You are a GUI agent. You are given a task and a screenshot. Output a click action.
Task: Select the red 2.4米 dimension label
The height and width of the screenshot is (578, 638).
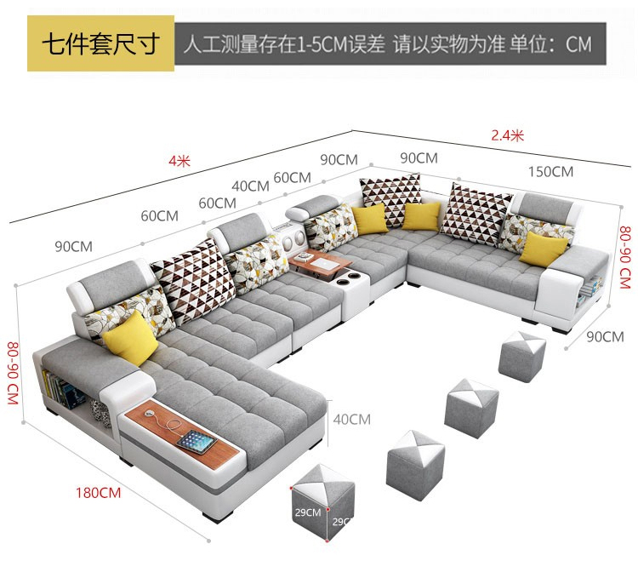[507, 135]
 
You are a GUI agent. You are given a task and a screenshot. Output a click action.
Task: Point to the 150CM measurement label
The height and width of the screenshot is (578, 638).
[550, 172]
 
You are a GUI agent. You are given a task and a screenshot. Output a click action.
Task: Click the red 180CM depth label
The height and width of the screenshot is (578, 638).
[98, 492]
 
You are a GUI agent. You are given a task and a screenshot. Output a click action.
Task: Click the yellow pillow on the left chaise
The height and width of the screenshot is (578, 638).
[130, 336]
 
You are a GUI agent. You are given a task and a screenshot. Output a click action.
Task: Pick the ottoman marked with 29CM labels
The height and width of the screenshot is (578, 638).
[322, 498]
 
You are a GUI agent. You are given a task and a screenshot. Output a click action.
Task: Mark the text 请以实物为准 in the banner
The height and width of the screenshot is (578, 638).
[447, 44]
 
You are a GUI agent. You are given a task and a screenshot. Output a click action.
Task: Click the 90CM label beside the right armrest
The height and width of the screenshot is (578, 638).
[605, 336]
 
